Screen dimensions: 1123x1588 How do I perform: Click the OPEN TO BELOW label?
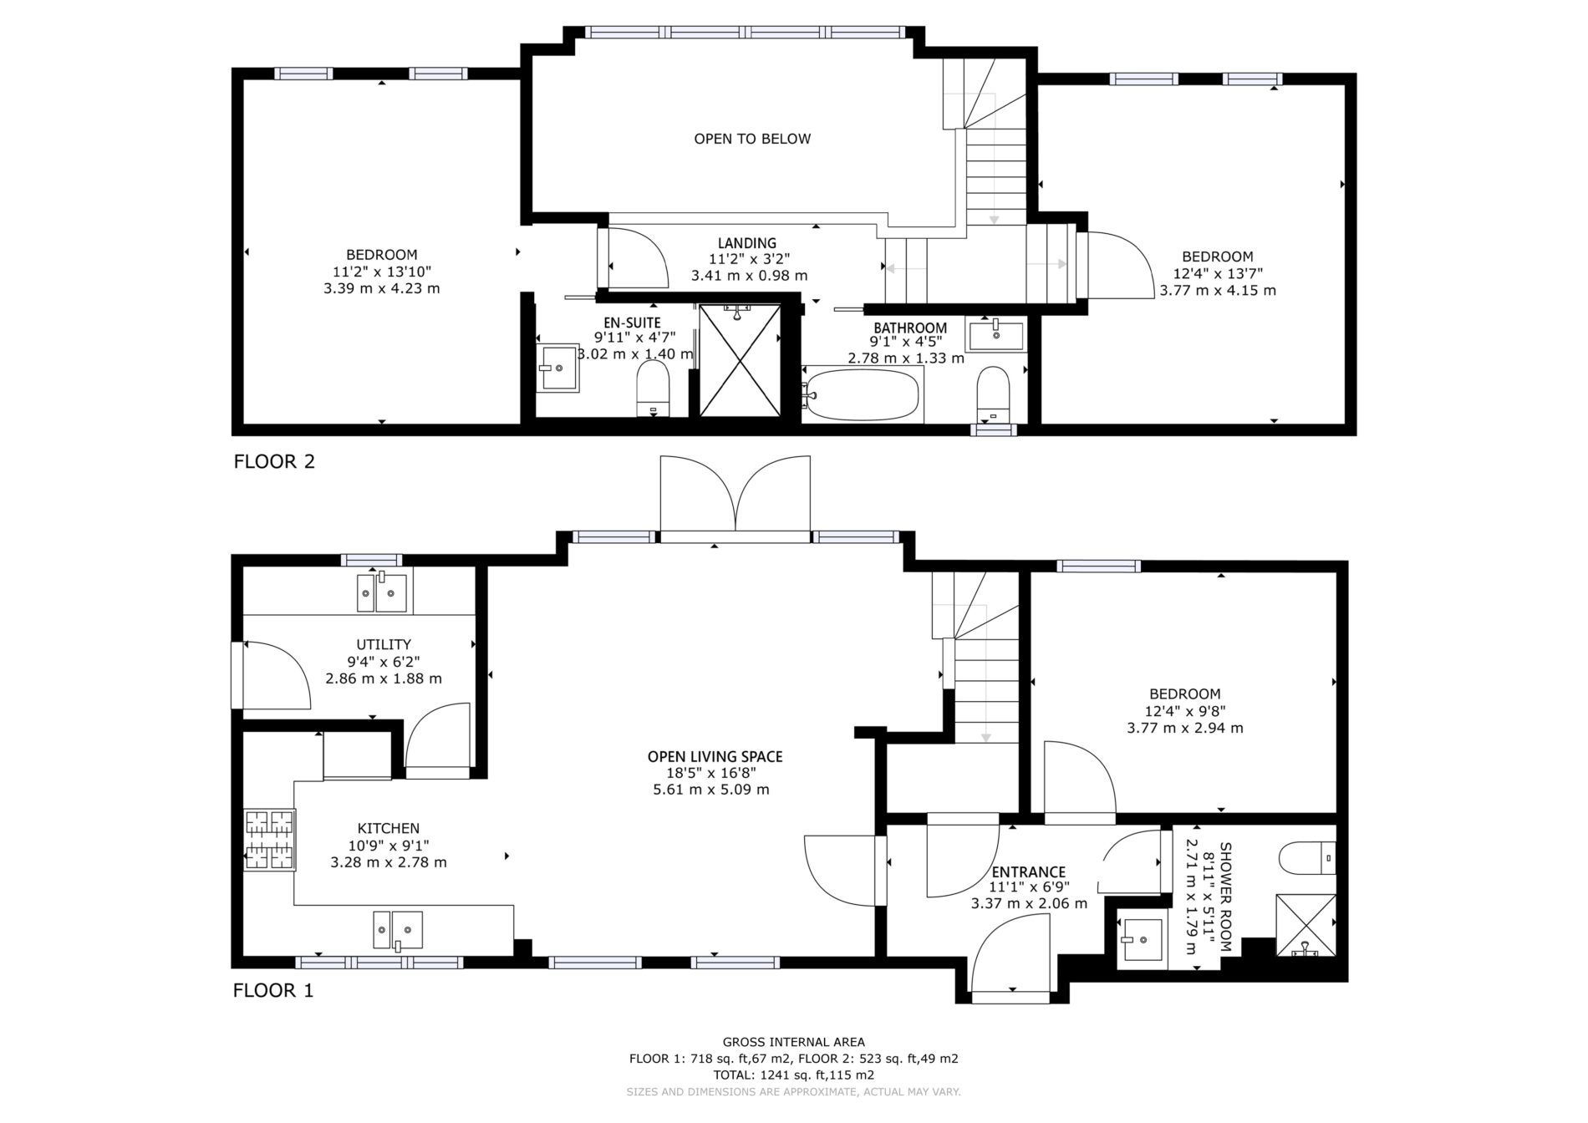(752, 139)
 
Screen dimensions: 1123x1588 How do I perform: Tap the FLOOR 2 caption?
(274, 461)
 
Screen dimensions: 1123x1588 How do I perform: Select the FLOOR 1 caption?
(273, 991)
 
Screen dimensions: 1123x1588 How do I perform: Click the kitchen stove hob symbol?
(270, 841)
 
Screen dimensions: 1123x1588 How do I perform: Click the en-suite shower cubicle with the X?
(741, 360)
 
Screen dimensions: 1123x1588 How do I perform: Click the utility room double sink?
(382, 593)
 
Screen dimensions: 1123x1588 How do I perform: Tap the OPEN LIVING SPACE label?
(715, 757)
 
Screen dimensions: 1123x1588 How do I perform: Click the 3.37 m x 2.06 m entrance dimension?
(1029, 904)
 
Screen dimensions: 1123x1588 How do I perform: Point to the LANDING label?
(747, 244)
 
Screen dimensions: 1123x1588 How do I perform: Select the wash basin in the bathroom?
(995, 334)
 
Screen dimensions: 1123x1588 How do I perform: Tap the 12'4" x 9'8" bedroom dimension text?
(1184, 711)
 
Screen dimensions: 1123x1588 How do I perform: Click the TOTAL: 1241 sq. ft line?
(793, 1075)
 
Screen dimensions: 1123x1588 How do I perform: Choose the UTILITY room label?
(384, 645)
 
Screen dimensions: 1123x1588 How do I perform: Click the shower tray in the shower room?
(1305, 926)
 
